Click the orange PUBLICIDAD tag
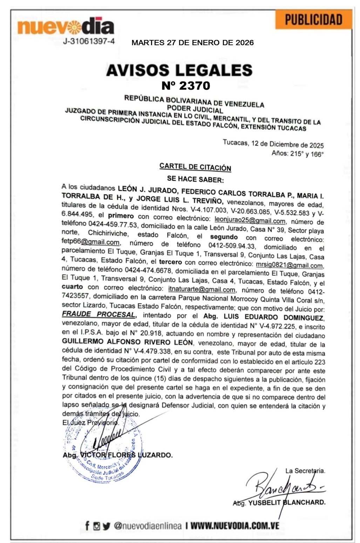[x=313, y=20]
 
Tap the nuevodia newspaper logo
[x=66, y=26]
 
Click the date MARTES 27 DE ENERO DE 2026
[x=192, y=43]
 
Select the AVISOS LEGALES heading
[x=179, y=70]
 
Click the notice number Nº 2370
[x=186, y=85]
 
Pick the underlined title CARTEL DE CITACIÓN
[x=195, y=167]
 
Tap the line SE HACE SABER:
[x=195, y=179]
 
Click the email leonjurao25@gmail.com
[x=250, y=220]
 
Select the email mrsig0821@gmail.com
[x=289, y=265]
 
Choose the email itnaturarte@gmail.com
[x=202, y=289]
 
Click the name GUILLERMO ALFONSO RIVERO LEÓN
[x=127, y=342]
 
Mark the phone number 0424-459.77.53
[x=113, y=225]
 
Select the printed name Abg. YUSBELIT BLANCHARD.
[x=279, y=502]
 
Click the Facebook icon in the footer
[x=87, y=526]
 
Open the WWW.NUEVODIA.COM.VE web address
[x=235, y=526]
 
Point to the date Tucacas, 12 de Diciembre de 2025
[x=273, y=144]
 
